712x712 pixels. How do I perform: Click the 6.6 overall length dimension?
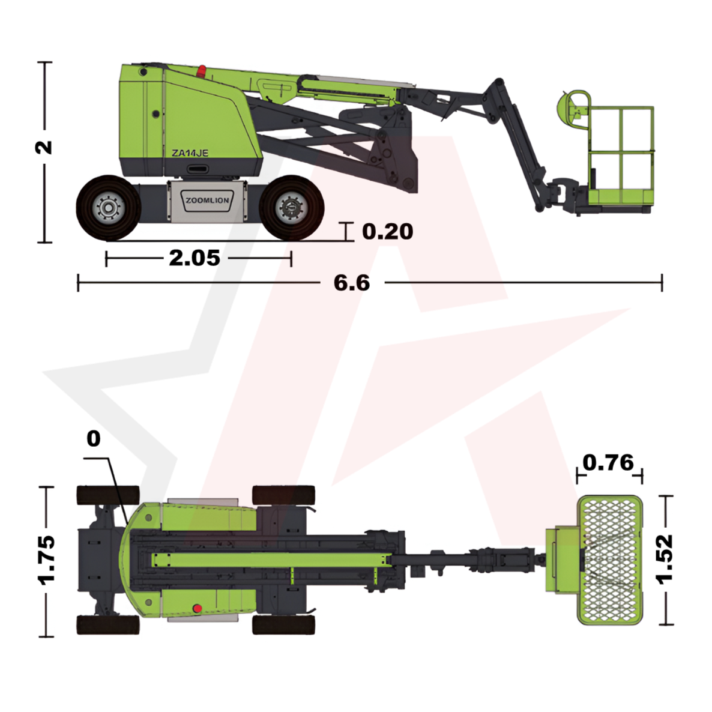[x=352, y=283]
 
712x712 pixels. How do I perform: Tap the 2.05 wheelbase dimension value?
[x=195, y=258]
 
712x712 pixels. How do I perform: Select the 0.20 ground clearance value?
[x=387, y=232]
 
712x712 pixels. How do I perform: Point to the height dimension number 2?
[x=44, y=148]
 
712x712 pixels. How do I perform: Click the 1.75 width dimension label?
[x=46, y=560]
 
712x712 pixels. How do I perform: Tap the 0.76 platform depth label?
[x=608, y=463]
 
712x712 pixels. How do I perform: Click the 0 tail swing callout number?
[x=94, y=439]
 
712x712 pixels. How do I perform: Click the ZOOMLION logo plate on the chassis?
[x=208, y=201]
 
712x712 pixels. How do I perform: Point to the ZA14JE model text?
[x=190, y=153]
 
